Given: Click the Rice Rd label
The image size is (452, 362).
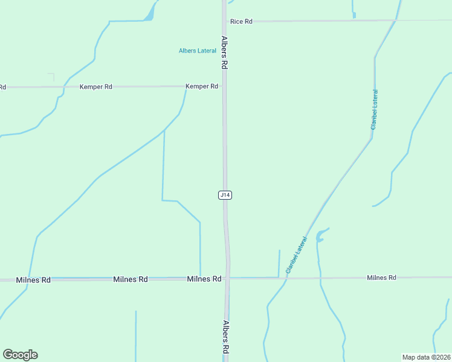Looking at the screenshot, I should [241, 21].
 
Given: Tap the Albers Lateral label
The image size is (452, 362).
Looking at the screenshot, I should [197, 51].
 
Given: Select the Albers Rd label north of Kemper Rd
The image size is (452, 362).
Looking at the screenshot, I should [224, 53].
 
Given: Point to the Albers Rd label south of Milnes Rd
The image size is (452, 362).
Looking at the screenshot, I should [226, 336].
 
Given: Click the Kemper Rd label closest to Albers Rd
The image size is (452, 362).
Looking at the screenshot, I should [202, 86].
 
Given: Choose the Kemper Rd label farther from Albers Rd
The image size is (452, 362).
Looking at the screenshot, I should [96, 87].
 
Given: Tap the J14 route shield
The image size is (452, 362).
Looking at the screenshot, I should [225, 195].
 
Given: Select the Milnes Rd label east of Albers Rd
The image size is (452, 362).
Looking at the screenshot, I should [381, 278].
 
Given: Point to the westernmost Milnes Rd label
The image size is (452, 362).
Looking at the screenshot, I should [33, 280].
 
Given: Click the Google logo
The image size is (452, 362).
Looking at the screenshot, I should [20, 355].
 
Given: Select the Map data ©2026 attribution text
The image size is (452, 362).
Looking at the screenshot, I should [426, 357].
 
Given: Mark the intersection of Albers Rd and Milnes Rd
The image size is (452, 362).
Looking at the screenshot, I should [228, 278].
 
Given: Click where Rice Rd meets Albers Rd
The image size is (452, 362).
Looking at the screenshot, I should [224, 21].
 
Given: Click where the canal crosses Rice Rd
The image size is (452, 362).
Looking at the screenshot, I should [396, 20].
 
